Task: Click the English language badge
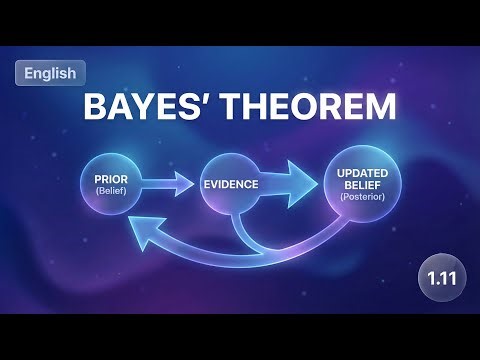click(x=51, y=73)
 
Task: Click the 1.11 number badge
click(x=441, y=275)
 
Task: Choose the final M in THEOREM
click(x=379, y=108)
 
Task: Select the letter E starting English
click(x=28, y=73)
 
